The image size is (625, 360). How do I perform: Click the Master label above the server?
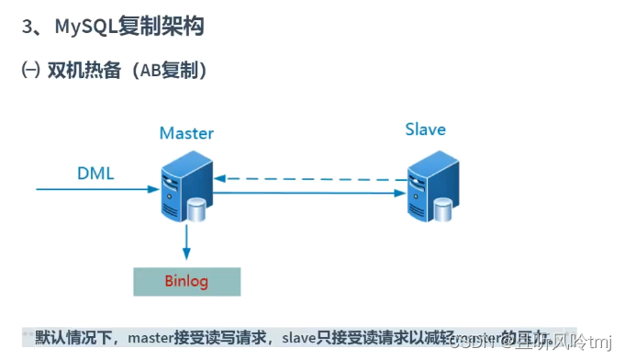(186, 133)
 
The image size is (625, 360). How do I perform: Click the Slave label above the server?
(425, 129)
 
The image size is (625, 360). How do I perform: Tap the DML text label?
(95, 173)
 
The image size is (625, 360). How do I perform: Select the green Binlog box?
(187, 281)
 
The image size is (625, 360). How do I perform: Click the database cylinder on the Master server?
(197, 210)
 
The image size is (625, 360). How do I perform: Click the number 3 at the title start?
(28, 27)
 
